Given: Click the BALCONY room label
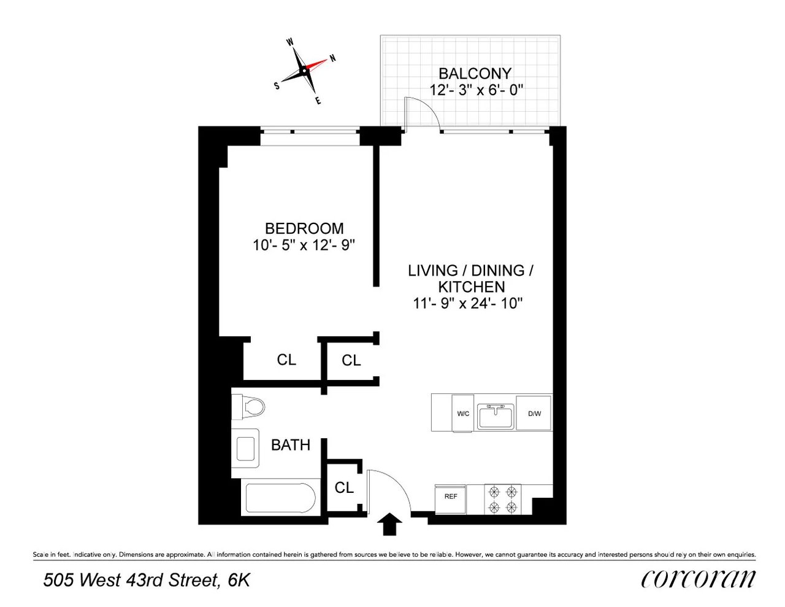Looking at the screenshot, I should click(475, 74).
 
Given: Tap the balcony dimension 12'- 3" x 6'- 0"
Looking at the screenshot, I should click(476, 90).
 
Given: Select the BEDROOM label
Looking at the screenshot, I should click(304, 228).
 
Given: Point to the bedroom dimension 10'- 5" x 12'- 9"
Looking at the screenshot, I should click(304, 245).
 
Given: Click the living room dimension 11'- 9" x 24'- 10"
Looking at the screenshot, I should click(468, 303).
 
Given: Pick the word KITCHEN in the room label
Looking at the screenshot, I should click(471, 287).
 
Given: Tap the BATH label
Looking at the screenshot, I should click(291, 445).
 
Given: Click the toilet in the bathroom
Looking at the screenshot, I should click(249, 406).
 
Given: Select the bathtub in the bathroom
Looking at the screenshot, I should click(280, 498).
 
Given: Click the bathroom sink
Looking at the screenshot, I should click(247, 448).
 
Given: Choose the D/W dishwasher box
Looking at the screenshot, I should click(534, 413).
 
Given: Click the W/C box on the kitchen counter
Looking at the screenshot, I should click(463, 413).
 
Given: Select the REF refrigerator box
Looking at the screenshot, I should click(451, 497).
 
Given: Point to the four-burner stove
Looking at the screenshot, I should click(502, 499).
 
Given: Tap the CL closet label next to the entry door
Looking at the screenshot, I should click(344, 487).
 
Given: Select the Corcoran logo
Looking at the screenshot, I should click(698, 579).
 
